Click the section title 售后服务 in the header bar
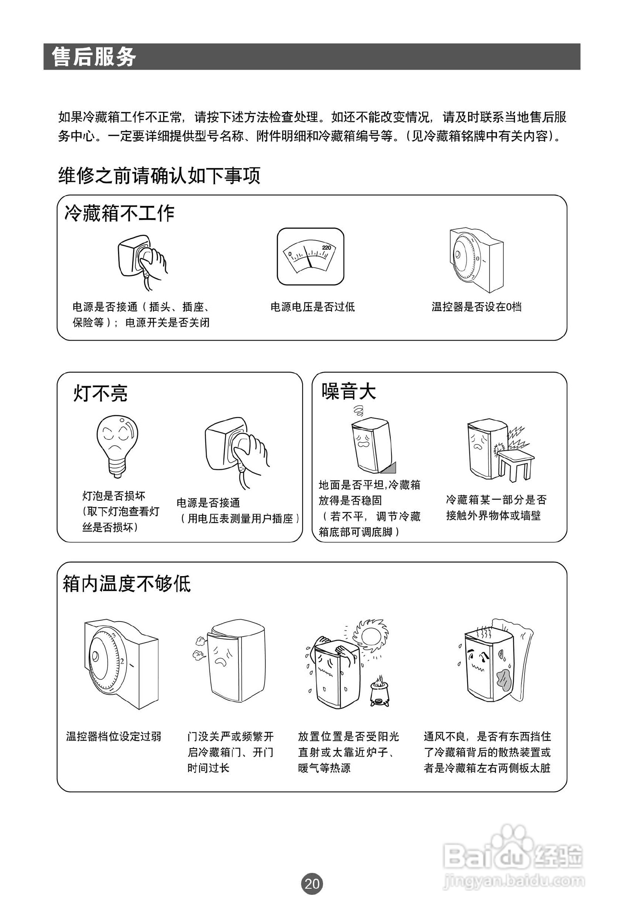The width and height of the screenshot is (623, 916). click(94, 57)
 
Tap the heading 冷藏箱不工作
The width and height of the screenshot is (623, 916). click(119, 213)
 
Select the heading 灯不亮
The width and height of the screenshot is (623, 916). click(100, 393)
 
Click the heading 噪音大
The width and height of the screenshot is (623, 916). click(348, 391)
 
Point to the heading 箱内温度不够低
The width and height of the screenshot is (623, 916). click(127, 584)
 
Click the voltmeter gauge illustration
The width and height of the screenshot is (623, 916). click(310, 256)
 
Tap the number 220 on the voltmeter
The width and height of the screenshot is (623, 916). click(326, 247)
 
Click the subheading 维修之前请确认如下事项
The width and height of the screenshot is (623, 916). click(159, 175)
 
